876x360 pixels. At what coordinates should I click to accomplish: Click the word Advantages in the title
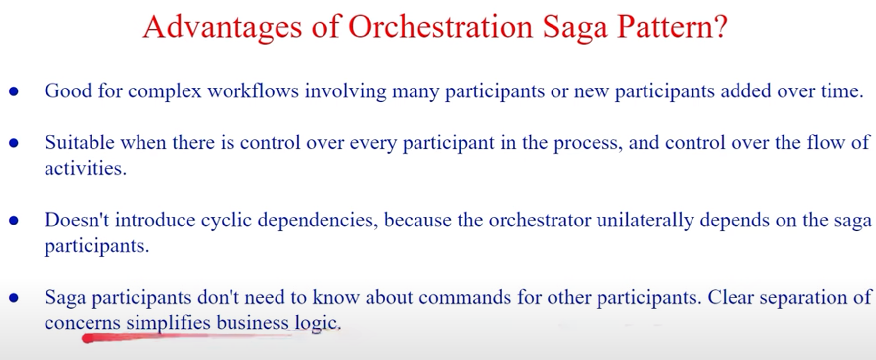click(x=222, y=27)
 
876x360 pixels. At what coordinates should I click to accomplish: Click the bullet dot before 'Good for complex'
click(x=14, y=91)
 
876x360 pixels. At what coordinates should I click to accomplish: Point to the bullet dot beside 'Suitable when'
click(x=14, y=143)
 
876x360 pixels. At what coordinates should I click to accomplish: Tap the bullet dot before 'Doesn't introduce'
click(x=14, y=221)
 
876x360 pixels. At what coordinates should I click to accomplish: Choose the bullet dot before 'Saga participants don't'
click(x=14, y=298)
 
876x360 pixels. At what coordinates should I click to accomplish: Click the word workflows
click(x=253, y=91)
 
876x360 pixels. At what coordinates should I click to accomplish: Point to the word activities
click(x=85, y=168)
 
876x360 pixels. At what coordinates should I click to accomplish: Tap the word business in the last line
click(x=252, y=323)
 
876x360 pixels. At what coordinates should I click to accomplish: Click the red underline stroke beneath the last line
click(x=188, y=337)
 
